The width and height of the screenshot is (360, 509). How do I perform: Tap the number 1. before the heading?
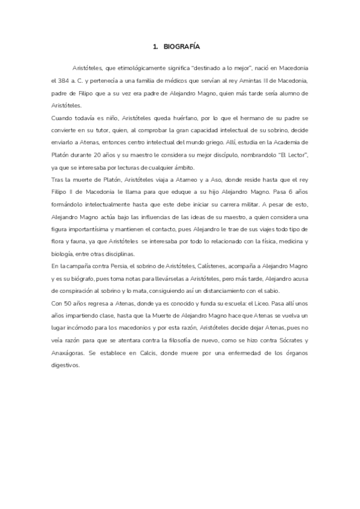[x=155, y=46]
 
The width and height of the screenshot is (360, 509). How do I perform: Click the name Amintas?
[x=257, y=80]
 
